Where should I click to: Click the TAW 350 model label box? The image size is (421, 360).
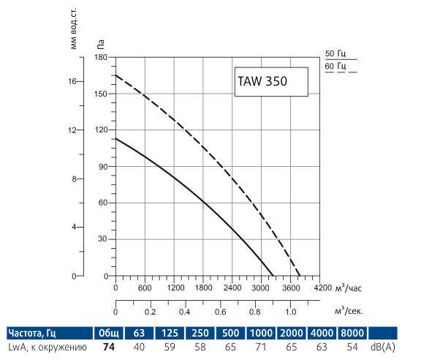coord(271,82)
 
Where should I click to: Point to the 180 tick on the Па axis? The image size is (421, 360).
coord(101,57)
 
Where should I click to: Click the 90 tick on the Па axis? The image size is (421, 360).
coord(102,167)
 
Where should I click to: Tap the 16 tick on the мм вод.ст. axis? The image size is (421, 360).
coord(72,81)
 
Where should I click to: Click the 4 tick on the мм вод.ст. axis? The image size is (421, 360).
coord(74,227)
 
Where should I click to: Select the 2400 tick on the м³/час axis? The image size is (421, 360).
coord(232,288)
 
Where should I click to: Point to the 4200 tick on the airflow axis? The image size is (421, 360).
coord(322,288)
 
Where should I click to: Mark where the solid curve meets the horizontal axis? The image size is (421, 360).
coord(273,276)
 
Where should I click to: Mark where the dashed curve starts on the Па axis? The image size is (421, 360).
coord(115,75)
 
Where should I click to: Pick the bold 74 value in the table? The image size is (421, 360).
coord(110,347)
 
